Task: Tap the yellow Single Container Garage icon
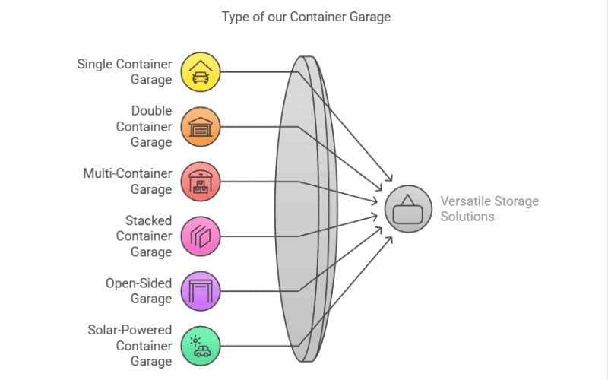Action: coord(201,72)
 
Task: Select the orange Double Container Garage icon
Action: coord(201,126)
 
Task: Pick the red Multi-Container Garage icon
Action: coord(201,182)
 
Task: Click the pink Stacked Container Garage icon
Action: coord(201,236)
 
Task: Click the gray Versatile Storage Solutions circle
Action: coord(408,209)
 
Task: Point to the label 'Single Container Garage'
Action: coord(125,72)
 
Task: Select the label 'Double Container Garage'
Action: coord(144,126)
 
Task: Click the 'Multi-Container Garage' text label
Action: coord(128,182)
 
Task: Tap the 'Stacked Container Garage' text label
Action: coord(144,236)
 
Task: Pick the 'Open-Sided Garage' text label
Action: coord(138,291)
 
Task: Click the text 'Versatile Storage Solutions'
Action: coord(489,209)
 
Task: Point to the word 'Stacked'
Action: coord(149,221)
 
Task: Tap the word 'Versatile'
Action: coord(464,201)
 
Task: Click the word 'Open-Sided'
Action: coord(138,283)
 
